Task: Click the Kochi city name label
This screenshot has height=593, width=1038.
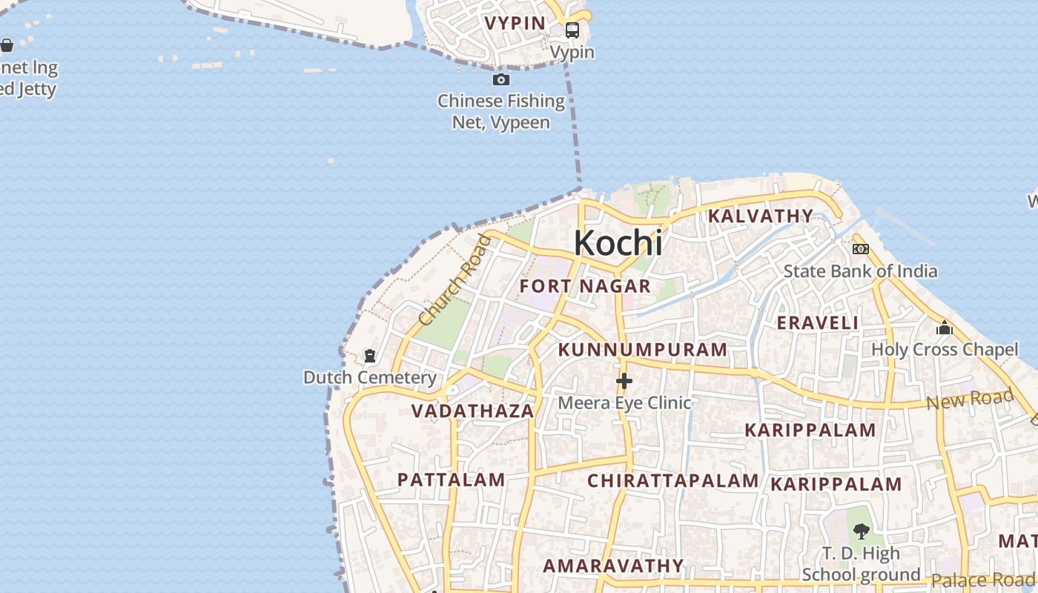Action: [x=618, y=243]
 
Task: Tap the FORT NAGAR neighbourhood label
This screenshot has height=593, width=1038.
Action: [x=585, y=286]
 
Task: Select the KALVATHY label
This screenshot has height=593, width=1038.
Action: [x=760, y=216]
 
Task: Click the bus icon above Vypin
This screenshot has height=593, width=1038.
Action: [x=572, y=30]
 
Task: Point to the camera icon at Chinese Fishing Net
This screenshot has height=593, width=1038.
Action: [x=501, y=79]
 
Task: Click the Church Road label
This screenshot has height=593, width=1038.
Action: [x=454, y=280]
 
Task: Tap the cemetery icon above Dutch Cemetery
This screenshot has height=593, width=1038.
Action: [x=370, y=357]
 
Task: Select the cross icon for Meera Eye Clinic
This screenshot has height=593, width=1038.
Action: [x=624, y=381]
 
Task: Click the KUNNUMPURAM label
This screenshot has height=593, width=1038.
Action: [x=642, y=350]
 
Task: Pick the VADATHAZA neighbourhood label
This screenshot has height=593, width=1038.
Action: [x=472, y=411]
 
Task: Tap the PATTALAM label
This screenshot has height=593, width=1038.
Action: [x=451, y=480]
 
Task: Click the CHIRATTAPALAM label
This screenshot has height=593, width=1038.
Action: [x=672, y=480]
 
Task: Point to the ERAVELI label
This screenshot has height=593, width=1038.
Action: [x=817, y=322]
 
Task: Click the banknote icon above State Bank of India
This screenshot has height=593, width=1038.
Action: [x=860, y=249]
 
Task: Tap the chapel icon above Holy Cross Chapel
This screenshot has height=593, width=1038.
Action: [x=944, y=328]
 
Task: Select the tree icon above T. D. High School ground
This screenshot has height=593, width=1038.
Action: [x=861, y=531]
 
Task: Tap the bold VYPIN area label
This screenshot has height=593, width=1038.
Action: [x=515, y=23]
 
